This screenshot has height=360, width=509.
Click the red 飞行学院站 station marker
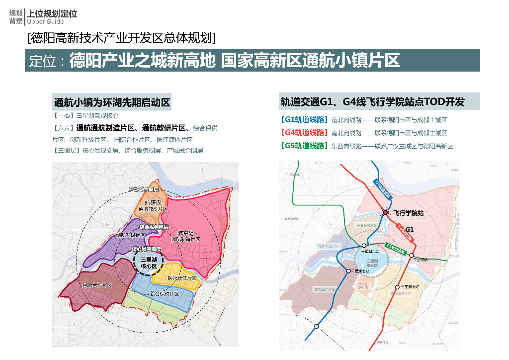click(385, 213)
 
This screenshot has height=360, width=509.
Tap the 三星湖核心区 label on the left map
click(149, 263)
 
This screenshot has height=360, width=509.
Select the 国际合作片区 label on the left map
click(96, 286)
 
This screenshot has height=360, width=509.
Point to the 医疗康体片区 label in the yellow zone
click(182, 278)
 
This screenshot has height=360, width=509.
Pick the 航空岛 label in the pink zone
click(185, 233)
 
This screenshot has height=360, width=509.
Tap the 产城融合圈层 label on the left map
click(143, 189)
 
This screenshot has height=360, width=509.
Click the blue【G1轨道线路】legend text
click(304, 120)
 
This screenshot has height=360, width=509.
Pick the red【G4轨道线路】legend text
click(304, 133)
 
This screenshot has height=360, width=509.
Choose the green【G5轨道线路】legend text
click(304, 146)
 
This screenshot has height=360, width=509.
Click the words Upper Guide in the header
click(45, 22)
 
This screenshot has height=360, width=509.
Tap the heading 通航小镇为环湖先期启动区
click(112, 103)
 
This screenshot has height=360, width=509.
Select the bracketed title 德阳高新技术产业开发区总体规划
click(122, 38)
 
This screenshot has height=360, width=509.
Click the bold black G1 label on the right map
click(410, 229)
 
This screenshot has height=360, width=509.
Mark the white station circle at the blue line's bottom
click(316, 326)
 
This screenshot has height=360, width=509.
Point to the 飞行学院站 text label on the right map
click(409, 213)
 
